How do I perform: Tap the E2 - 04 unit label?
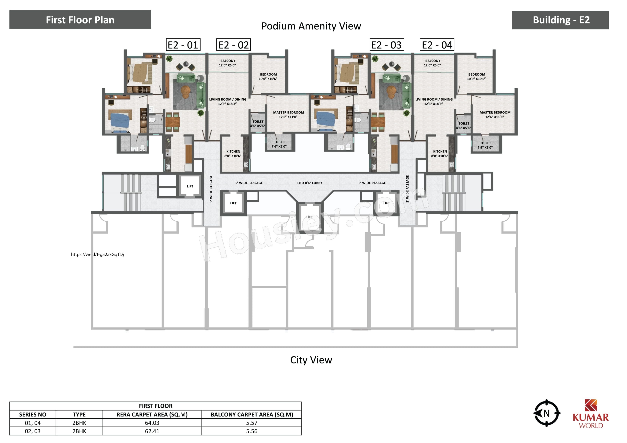[x=437, y=45]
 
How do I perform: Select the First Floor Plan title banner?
[x=80, y=20]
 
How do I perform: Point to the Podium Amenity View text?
[x=311, y=26]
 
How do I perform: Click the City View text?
[x=311, y=360]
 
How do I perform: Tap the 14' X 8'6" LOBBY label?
[x=309, y=183]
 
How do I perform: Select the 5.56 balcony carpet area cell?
[x=252, y=431]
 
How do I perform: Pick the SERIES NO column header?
[x=33, y=415]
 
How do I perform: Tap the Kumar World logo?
[x=591, y=414]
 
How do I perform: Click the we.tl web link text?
[x=97, y=254]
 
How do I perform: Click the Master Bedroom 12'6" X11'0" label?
[x=288, y=115]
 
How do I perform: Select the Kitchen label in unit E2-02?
[x=233, y=154]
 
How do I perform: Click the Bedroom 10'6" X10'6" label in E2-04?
[x=477, y=77]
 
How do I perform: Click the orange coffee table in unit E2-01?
[x=186, y=91]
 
